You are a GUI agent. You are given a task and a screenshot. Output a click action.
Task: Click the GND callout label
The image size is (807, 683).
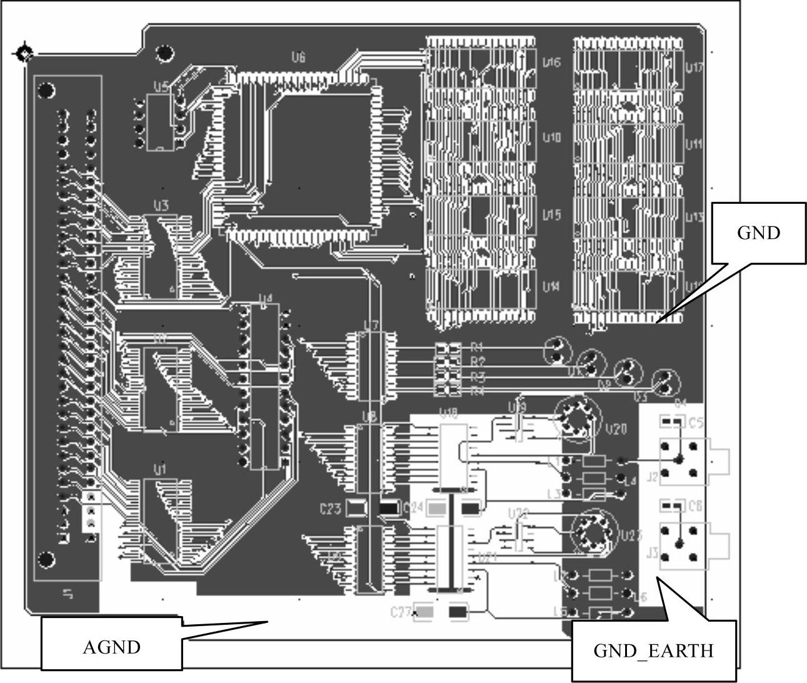coord(758,233)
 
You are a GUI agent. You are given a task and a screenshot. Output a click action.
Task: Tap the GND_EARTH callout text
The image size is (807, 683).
coord(653,651)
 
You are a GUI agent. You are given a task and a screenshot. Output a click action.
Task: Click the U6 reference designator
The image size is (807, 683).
coord(298,58)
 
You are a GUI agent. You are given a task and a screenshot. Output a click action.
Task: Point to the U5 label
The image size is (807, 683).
coord(161,87)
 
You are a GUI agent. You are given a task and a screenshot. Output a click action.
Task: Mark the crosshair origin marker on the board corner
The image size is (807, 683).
coord(24,53)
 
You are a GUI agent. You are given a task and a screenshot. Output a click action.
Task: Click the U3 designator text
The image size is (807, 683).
coord(161,205)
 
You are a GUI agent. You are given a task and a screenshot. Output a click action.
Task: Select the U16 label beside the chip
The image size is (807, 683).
coord(551,63)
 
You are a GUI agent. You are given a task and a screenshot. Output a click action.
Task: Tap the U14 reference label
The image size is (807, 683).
coord(551,287)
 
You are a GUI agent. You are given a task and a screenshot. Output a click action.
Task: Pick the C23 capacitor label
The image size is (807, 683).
coord(330,509)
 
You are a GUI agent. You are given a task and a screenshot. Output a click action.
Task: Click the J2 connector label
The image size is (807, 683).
coord(652,477)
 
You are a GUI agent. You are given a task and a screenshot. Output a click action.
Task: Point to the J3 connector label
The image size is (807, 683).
coord(652,553)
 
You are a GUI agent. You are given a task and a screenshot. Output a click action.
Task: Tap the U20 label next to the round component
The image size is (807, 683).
coord(615,430)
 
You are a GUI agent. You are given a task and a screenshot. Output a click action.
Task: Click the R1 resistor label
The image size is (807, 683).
coord(478,346)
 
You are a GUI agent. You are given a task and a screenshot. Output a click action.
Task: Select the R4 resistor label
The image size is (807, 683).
coord(478,392)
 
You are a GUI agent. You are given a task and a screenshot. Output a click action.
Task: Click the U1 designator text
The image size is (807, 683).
coord(160,468)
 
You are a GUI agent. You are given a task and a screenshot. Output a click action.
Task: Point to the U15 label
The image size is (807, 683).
coord(551,215)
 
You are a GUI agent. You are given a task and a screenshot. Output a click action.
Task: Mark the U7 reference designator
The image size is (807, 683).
coord(371,325)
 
